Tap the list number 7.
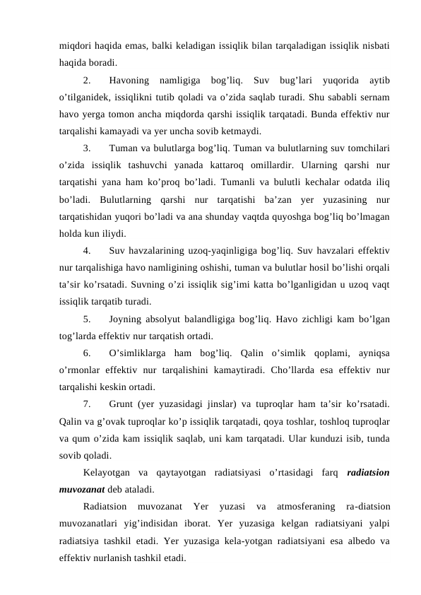(x=86, y=404)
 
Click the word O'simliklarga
(x=143, y=353)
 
